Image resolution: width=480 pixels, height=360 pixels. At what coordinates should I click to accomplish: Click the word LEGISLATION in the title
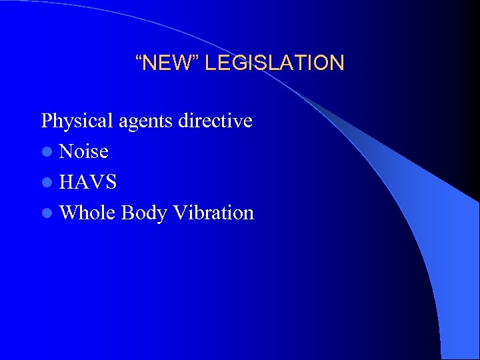(x=274, y=63)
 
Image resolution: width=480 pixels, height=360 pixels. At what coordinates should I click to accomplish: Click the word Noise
(x=84, y=152)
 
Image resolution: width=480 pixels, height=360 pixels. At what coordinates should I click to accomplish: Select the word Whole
(x=87, y=213)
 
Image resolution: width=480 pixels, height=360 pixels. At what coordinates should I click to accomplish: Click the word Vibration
(x=213, y=213)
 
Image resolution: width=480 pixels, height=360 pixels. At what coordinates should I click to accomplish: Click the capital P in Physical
(x=47, y=121)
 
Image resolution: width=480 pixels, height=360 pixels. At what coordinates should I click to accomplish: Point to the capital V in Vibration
(x=179, y=213)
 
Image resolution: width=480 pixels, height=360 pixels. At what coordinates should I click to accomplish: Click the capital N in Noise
(x=66, y=152)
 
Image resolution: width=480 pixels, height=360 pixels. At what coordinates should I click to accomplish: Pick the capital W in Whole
(x=68, y=213)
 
